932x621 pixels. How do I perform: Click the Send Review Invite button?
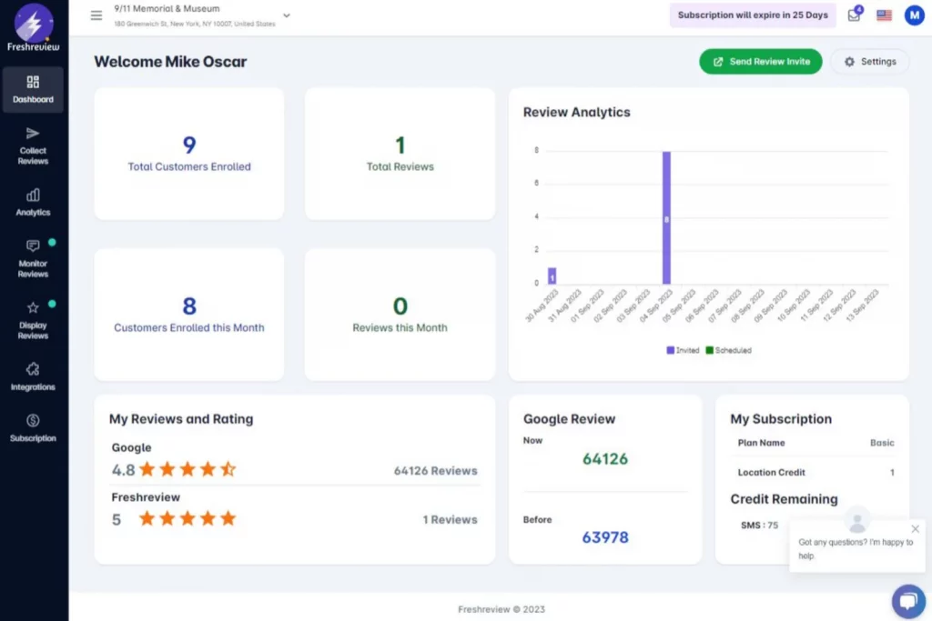[x=760, y=62]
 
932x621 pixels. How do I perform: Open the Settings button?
[x=869, y=62]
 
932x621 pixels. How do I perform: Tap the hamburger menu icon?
[x=96, y=15]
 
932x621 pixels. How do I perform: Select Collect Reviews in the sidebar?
[x=33, y=145]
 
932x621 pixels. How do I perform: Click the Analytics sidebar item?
[x=33, y=202]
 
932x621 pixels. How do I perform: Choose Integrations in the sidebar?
[x=33, y=376]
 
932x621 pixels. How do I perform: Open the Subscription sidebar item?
[x=33, y=427]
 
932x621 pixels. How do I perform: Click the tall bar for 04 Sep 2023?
[x=666, y=218]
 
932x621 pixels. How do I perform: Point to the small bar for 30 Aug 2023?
[x=552, y=275]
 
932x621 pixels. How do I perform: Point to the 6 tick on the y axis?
[x=536, y=184]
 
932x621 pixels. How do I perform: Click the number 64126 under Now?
[x=605, y=459]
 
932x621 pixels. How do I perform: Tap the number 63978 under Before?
[x=605, y=537]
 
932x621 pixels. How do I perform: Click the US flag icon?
[x=884, y=15]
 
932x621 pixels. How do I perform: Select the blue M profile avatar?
[x=914, y=15]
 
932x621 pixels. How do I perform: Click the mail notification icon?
[x=854, y=15]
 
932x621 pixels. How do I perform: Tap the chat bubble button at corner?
[x=907, y=600]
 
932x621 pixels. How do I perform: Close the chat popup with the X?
[x=916, y=528]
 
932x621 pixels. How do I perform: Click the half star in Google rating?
[x=228, y=469]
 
